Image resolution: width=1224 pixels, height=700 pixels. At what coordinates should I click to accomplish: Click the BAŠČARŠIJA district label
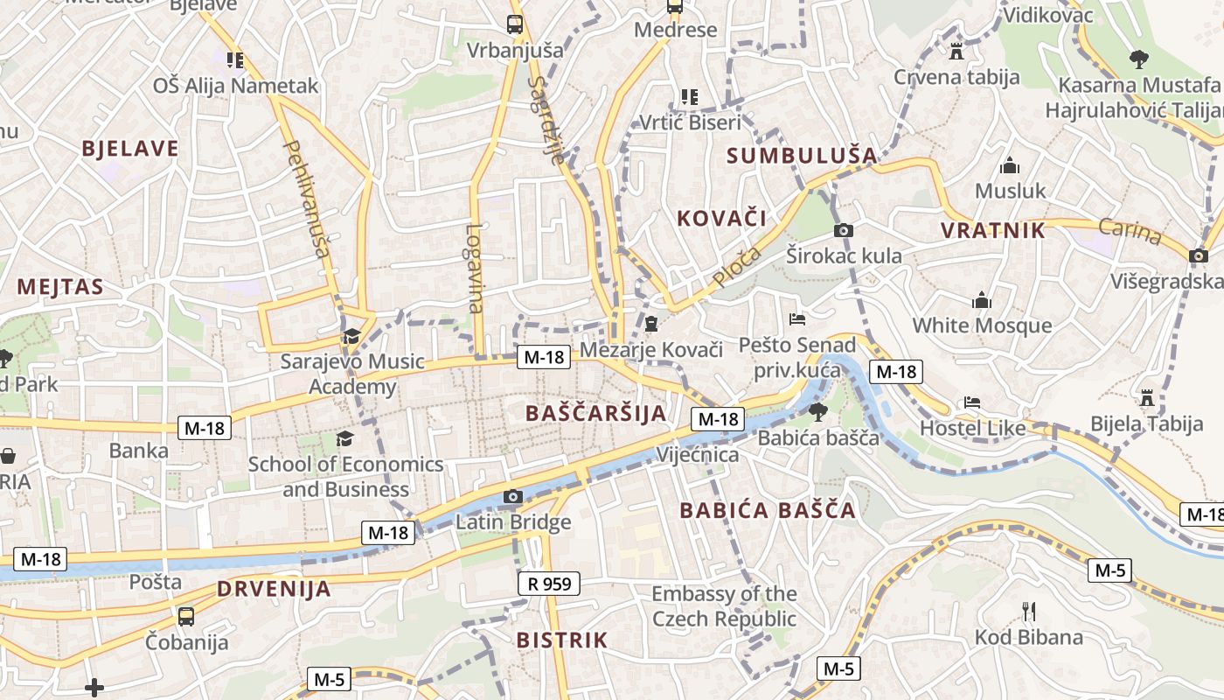595,413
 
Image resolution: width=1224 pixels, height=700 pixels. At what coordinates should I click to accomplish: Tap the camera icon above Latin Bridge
513,498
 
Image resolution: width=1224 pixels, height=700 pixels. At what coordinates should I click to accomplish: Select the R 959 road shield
548,584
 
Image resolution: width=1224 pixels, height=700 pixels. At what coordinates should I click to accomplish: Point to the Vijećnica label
698,455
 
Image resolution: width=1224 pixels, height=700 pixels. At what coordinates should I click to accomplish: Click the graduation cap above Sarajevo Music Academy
351,336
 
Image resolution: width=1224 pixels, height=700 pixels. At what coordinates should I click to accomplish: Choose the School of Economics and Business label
345,477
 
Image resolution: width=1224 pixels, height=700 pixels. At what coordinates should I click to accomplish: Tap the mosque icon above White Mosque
982,301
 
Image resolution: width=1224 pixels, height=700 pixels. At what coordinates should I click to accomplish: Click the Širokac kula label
844,256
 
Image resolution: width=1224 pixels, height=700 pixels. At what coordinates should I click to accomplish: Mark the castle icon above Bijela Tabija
1147,399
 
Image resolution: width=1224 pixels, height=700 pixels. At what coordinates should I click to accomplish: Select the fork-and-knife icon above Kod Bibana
1029,611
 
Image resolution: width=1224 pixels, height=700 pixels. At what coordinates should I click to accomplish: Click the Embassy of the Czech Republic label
724,606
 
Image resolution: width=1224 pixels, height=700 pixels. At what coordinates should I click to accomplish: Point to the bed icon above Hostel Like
972,403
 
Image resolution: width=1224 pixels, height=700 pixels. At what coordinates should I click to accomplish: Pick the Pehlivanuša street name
307,199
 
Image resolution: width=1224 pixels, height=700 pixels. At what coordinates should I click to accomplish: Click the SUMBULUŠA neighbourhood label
802,156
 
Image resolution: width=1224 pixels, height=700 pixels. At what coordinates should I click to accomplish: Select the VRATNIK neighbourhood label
992,231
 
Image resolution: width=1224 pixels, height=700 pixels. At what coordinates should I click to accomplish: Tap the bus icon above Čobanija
186,617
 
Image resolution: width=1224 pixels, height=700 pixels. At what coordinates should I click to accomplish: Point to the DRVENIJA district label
274,589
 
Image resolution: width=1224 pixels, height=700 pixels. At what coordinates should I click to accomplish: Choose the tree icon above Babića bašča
818,412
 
